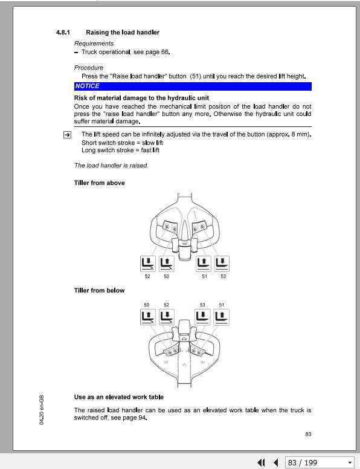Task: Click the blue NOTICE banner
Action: [193, 86]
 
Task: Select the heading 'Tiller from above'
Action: [100, 183]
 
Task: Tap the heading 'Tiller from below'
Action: [100, 291]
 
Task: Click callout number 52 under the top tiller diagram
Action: [147, 276]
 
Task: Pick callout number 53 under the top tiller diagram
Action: [223, 276]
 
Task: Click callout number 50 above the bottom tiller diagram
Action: [147, 305]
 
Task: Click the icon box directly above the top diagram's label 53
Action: [222, 263]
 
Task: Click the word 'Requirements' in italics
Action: [94, 44]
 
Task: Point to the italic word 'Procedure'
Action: [89, 68]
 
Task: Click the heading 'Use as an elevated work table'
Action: [118, 397]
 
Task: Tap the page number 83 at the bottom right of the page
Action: [308, 433]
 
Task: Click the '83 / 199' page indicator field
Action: [313, 462]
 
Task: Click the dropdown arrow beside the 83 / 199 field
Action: [349, 462]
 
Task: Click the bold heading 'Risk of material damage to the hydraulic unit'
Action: [142, 98]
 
